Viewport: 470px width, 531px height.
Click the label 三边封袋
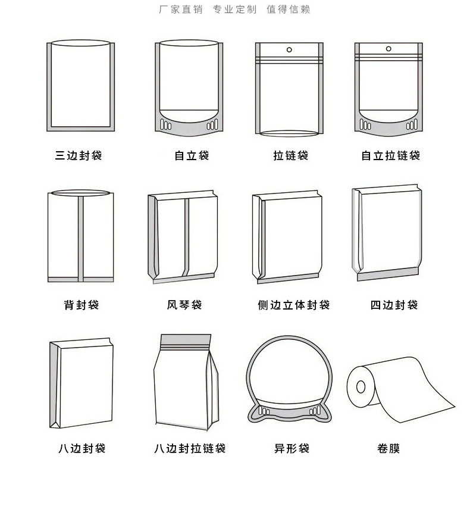(79, 156)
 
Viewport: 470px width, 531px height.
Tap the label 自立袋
(192, 156)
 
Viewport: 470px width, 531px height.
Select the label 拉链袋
(290, 156)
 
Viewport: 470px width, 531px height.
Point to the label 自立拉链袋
(391, 156)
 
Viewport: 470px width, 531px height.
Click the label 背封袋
(82, 305)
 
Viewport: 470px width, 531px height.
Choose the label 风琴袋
(184, 305)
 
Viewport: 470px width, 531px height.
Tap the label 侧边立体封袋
(293, 305)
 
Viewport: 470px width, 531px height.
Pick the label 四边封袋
(394, 305)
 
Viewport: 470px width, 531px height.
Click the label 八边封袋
(82, 449)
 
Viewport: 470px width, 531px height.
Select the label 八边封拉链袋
(190, 449)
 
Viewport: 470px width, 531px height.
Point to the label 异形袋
(292, 449)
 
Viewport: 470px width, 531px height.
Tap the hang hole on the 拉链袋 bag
(290, 49)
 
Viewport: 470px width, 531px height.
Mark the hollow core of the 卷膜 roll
(361, 388)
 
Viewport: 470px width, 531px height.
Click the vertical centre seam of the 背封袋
(80, 238)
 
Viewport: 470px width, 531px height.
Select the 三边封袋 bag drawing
(80, 86)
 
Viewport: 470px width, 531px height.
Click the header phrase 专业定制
(235, 10)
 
